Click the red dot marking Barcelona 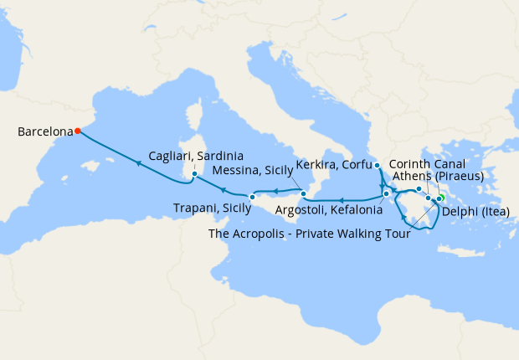pyautogui.click(x=77, y=131)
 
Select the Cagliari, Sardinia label pyautogui.click(x=196, y=157)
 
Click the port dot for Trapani pyautogui.click(x=251, y=198)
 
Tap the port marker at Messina pyautogui.click(x=305, y=194)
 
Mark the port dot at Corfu pyautogui.click(x=378, y=166)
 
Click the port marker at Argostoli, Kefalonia pyautogui.click(x=386, y=195)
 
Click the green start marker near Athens pyautogui.click(x=440, y=198)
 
